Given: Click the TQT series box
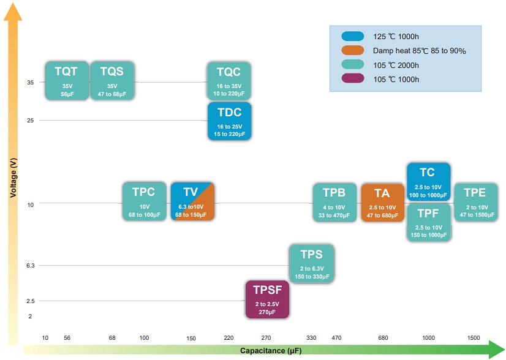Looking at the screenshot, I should point(67,80).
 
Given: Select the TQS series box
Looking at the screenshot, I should point(112,80).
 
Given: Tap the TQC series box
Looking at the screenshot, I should point(229,80).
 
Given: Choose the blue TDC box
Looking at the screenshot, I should point(229,121).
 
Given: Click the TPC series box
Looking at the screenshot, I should point(145,201).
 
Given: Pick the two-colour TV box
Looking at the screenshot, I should point(192,201).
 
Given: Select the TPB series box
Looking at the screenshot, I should point(334,202).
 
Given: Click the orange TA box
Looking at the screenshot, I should point(383,202).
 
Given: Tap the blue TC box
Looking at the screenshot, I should point(428,182).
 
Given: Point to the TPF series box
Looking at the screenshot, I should point(428,222).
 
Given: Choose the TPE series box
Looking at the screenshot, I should point(475,202).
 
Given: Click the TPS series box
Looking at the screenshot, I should point(312,264).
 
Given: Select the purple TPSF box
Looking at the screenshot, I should point(267,299).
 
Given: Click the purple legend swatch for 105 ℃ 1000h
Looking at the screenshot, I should point(353,79).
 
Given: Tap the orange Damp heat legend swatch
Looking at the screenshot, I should point(353,50).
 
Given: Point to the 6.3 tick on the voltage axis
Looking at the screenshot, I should point(31,265).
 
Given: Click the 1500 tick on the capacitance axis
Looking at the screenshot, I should point(474,338).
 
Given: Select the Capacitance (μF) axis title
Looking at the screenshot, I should point(270,351).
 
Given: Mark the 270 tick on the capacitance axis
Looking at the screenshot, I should point(266,338).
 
